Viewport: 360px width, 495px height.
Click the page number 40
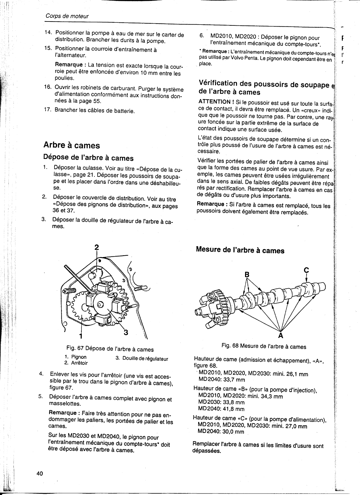pos(40,474)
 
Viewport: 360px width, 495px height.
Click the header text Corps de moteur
pos(67,16)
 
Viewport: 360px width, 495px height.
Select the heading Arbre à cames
pos(72,145)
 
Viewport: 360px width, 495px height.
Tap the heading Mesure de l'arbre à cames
pos(240,250)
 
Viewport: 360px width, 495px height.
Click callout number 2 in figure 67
pos(97,247)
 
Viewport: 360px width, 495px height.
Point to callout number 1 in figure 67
pos(81,335)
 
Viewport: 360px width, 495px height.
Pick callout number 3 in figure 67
pos(126,332)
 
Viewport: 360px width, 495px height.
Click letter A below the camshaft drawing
pos(281,335)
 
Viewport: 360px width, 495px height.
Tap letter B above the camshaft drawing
pos(247,274)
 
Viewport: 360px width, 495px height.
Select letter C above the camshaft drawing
pos(306,270)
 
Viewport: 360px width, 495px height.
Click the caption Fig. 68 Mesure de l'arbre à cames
pos(263,346)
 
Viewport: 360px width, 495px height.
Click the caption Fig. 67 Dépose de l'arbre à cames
pos(110,349)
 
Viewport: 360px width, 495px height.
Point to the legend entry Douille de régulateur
pos(145,359)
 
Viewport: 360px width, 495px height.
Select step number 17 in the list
pos(48,110)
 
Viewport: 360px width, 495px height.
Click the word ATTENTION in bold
pos(214,102)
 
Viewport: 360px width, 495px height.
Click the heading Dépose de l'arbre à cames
pos(88,158)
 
